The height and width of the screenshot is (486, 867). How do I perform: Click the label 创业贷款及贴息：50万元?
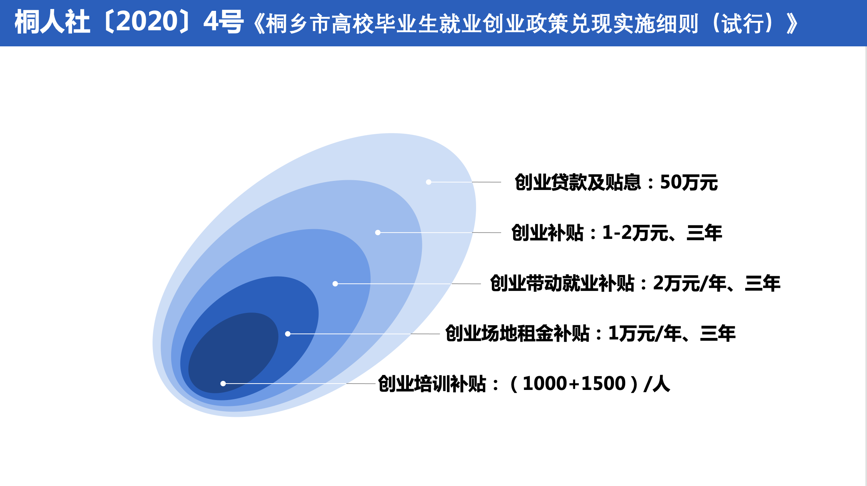616,182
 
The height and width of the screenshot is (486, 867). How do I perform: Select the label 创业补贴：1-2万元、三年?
617,233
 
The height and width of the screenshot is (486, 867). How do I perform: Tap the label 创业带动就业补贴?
562,283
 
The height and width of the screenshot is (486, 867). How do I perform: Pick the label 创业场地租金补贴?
517,333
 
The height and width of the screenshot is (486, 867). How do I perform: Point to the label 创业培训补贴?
432,384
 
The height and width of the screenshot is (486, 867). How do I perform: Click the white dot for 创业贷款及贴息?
429,182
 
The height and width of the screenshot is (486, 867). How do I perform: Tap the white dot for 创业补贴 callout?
378,233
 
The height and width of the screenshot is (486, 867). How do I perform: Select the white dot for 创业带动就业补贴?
335,284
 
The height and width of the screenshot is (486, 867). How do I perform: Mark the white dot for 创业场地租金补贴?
288,334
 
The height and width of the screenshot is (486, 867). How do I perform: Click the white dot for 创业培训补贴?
223,384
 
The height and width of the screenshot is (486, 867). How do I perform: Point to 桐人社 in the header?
52,22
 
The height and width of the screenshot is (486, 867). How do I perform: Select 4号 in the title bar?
223,22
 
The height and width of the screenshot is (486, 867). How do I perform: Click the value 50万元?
689,182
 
